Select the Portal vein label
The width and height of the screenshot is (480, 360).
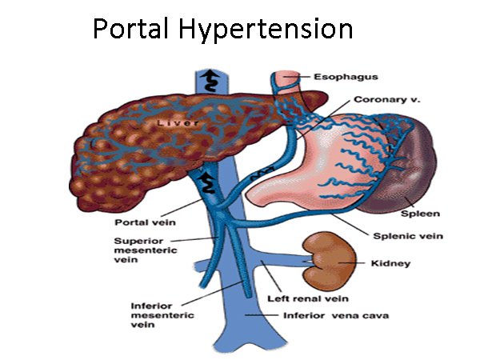[142, 222]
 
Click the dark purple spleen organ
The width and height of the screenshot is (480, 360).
[418, 172]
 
